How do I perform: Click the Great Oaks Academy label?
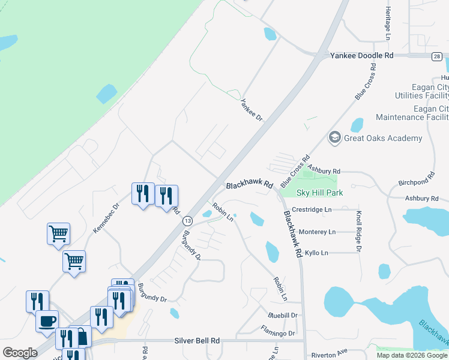click(383, 139)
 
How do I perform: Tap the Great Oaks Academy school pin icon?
click(334, 138)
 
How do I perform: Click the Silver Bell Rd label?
click(197, 340)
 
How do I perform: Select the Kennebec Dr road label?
click(106, 218)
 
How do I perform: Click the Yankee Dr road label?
click(252, 110)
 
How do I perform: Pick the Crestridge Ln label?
click(312, 210)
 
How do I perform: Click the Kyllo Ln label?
click(316, 253)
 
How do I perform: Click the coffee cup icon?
click(47, 320)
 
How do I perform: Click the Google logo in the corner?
click(20, 353)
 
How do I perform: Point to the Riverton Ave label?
click(330, 355)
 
